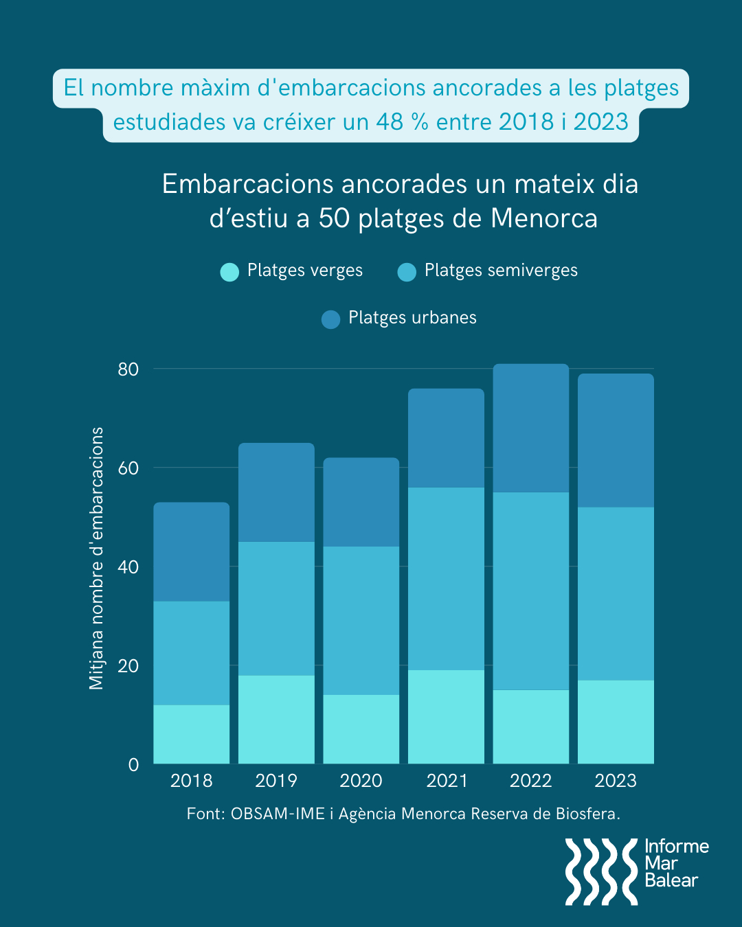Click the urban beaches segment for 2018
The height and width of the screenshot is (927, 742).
coord(191,551)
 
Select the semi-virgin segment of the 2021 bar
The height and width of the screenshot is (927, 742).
coord(446,578)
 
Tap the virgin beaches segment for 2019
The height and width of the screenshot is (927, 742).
coord(276,719)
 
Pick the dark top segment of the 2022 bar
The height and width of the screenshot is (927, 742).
coord(530,428)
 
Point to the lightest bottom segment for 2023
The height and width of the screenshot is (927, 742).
coord(616,722)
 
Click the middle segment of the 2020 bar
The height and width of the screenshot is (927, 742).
coord(361,620)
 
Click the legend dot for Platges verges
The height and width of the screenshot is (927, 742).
coord(229,272)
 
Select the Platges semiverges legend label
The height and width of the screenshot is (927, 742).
coord(501,271)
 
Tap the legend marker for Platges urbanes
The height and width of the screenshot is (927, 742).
coord(331,319)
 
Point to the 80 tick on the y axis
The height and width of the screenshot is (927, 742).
coord(128,369)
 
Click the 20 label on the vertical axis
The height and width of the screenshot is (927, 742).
coord(128,666)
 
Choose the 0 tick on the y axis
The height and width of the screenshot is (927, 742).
coord(133,765)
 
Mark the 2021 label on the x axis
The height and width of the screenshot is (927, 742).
coord(447,781)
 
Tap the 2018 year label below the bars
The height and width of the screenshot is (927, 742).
coord(192,781)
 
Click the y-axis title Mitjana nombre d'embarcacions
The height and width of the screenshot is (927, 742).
coord(97,558)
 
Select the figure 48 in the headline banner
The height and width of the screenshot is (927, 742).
coord(390,122)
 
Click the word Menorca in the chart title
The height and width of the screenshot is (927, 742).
coord(544,218)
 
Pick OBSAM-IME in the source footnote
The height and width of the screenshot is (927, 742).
coord(278,814)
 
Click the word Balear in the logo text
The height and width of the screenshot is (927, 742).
coord(671,880)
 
